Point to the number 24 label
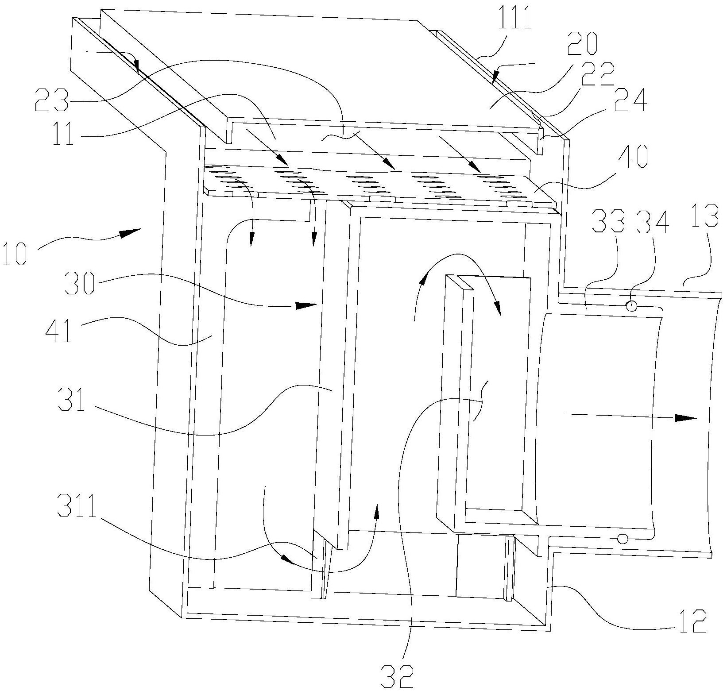coord(633,101)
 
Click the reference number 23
coord(53,100)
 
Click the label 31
coord(72,401)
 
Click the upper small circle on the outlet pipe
coord(631,306)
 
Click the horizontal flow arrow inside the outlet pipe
coord(630,416)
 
